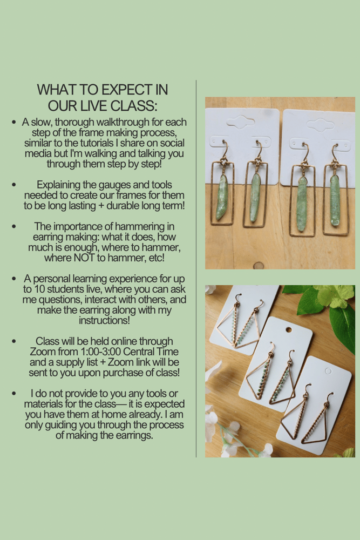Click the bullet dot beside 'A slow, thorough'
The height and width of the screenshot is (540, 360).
click(14, 122)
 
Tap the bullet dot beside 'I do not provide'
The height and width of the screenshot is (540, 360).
click(14, 394)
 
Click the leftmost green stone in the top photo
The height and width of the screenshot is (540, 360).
click(221, 197)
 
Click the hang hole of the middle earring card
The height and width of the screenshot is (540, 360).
click(289, 330)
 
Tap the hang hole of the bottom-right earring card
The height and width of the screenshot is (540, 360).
click(328, 372)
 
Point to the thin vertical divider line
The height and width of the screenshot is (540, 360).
click(196, 268)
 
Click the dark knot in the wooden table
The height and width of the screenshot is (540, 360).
click(258, 266)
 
